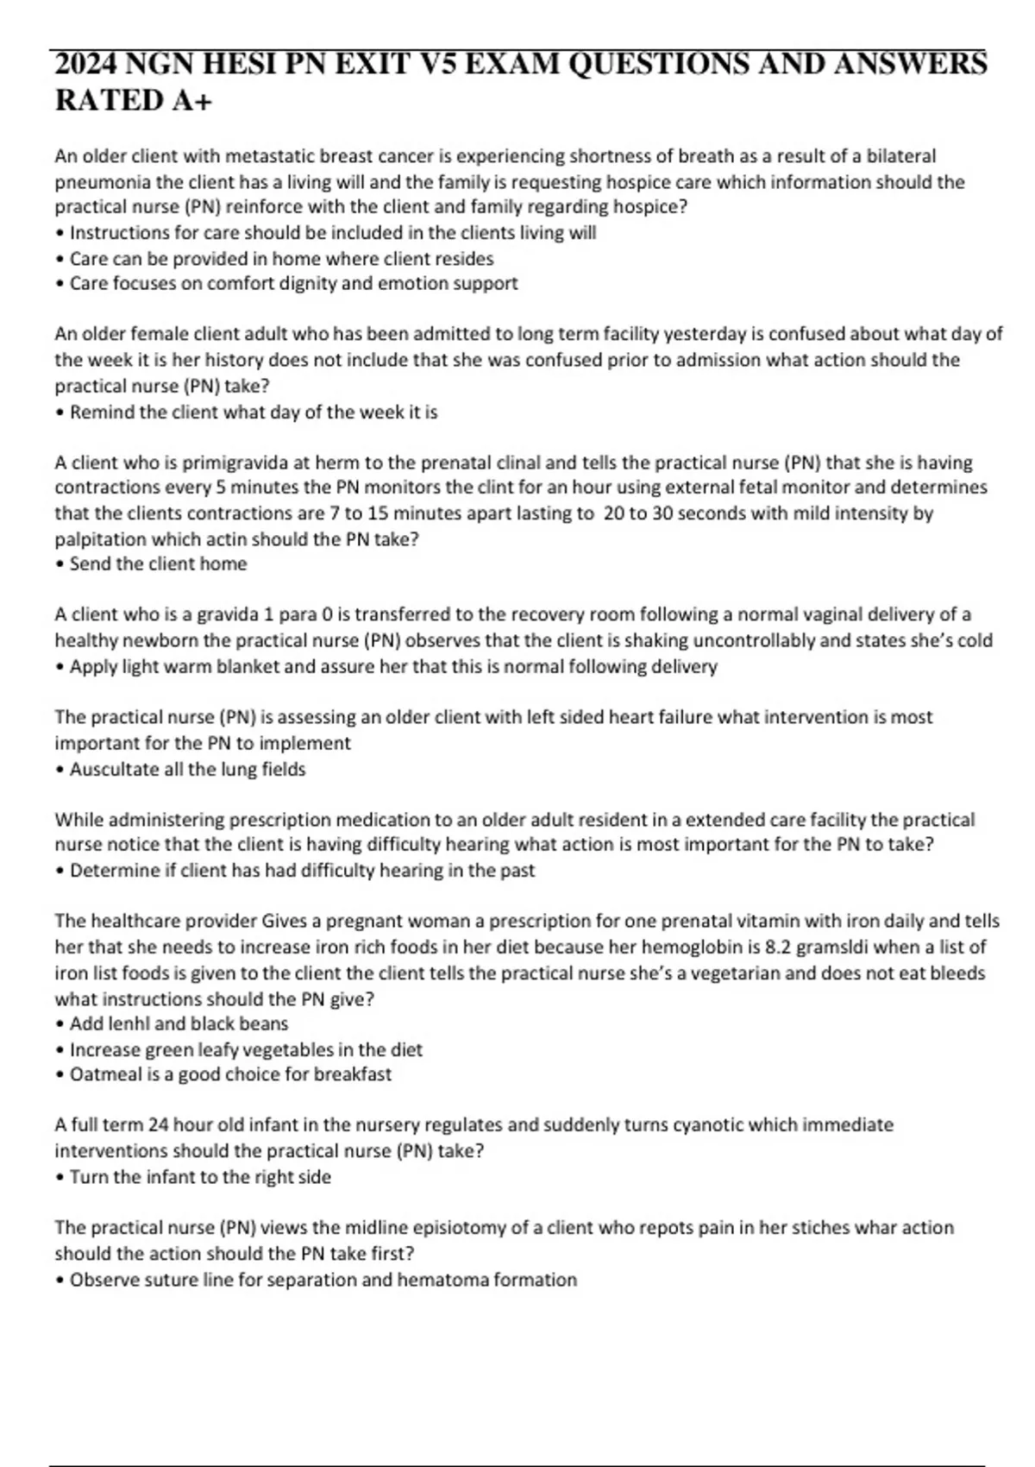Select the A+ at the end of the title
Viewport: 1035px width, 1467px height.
(191, 101)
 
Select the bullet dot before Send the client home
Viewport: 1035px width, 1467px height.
(60, 565)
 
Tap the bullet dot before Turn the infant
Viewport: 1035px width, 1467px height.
(60, 1178)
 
